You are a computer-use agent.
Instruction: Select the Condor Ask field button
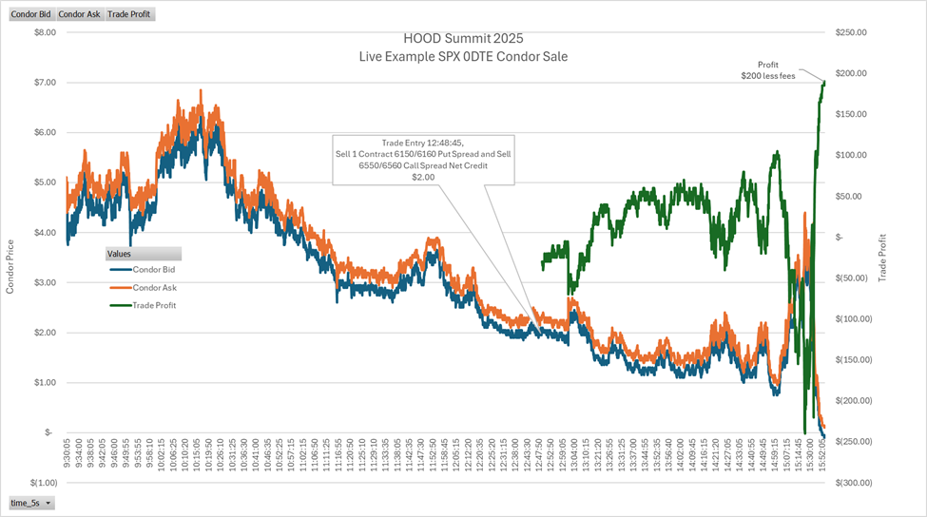pyautogui.click(x=79, y=15)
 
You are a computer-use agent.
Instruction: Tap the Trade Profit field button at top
pyautogui.click(x=128, y=15)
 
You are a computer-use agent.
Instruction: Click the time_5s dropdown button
pyautogui.click(x=31, y=502)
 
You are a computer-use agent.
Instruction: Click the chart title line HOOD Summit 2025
pyautogui.click(x=463, y=39)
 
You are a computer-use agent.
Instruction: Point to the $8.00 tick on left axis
pyautogui.click(x=42, y=32)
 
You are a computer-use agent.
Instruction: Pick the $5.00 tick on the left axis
pyautogui.click(x=42, y=182)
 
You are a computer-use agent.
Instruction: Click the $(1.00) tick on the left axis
pyautogui.click(x=39, y=482)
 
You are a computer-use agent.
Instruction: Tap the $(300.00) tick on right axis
pyautogui.click(x=849, y=482)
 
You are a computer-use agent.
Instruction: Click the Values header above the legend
pyautogui.click(x=143, y=254)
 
